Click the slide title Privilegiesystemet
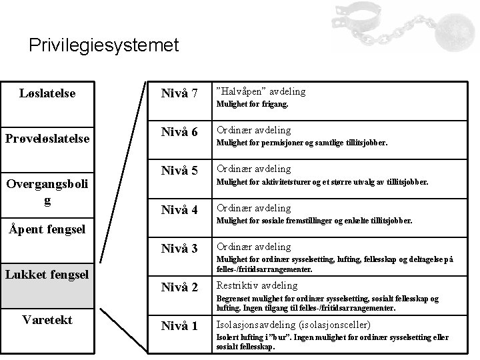(x=104, y=45)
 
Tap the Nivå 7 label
(x=179, y=93)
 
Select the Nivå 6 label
(x=179, y=132)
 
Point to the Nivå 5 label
(x=179, y=171)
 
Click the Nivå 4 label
(x=179, y=210)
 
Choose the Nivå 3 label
(x=179, y=249)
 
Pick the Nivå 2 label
(x=179, y=287)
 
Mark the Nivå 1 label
(x=179, y=326)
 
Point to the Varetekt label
(x=48, y=319)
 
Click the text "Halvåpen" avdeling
(x=260, y=91)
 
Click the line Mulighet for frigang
(x=251, y=105)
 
